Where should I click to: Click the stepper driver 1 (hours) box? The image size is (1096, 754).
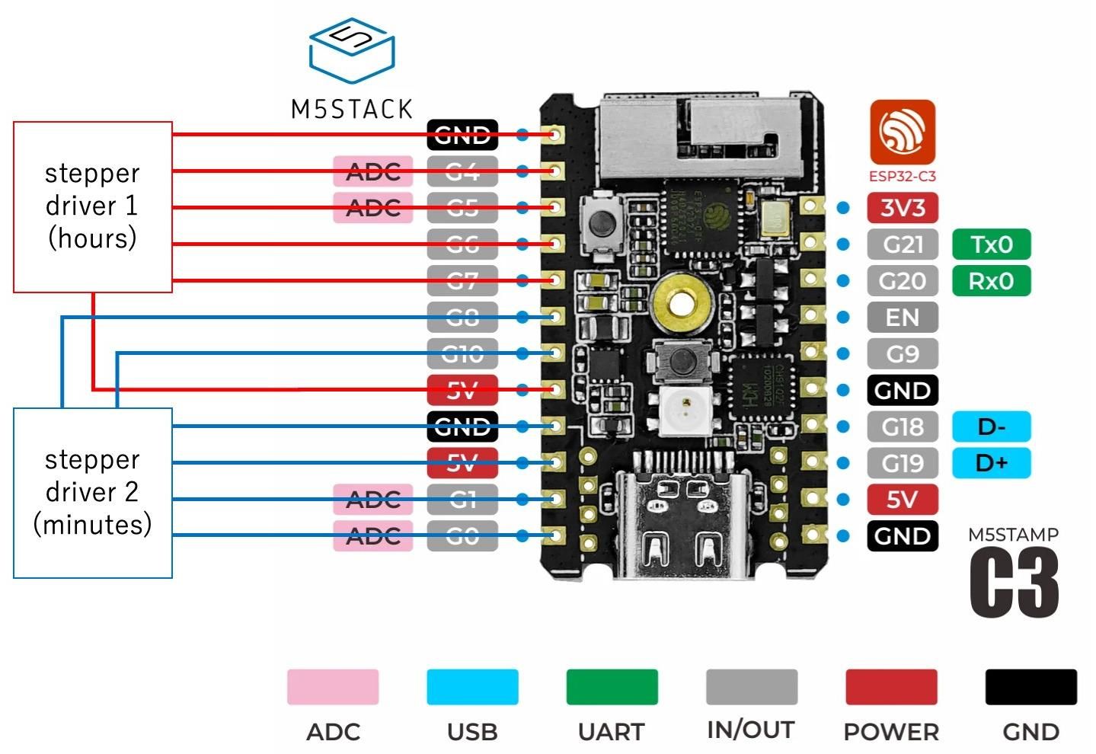point(93,206)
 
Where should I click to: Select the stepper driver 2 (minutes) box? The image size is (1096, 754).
point(93,493)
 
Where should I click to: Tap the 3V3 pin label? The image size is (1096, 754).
point(903,208)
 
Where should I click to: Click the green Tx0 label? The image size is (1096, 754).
point(991,244)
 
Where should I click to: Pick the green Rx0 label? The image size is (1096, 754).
point(991,281)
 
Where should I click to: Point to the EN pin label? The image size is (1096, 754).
point(903,318)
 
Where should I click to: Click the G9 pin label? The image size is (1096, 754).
point(903,354)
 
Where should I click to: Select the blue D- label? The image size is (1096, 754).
point(991,427)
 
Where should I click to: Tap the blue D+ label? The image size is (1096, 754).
point(991,463)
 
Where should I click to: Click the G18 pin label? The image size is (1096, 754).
point(903,427)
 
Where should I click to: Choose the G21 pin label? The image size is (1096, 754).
point(903,244)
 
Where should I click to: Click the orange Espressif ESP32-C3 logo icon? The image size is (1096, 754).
point(903,132)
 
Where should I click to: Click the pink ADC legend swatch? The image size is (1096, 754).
point(333,687)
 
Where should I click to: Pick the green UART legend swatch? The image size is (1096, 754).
point(612,687)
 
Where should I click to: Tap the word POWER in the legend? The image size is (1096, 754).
point(891,732)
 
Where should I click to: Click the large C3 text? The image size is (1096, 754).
point(1014,583)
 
